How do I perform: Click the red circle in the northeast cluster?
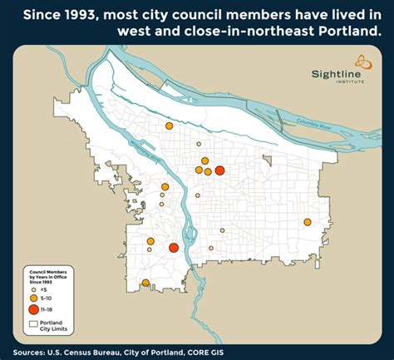click(x=219, y=170)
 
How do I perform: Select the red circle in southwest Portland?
click(x=174, y=248)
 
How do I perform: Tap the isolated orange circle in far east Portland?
click(x=308, y=222)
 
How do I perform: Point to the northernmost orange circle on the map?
click(x=169, y=126)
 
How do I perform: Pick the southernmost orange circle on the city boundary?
click(x=145, y=284)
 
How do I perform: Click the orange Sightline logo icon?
click(x=363, y=61)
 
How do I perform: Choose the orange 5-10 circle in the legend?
click(x=33, y=297)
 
